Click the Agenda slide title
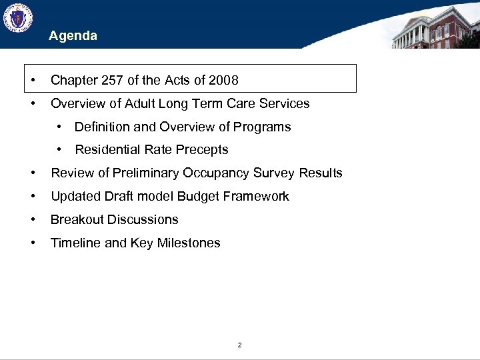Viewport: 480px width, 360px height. [73, 36]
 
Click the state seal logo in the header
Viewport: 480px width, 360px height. [17, 19]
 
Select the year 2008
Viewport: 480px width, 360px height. [223, 81]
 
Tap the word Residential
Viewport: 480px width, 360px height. [107, 150]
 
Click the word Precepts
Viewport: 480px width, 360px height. [203, 150]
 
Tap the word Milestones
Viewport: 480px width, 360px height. [189, 243]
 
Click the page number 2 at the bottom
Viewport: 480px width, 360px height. [239, 345]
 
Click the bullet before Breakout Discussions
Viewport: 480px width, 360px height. [33, 220]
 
